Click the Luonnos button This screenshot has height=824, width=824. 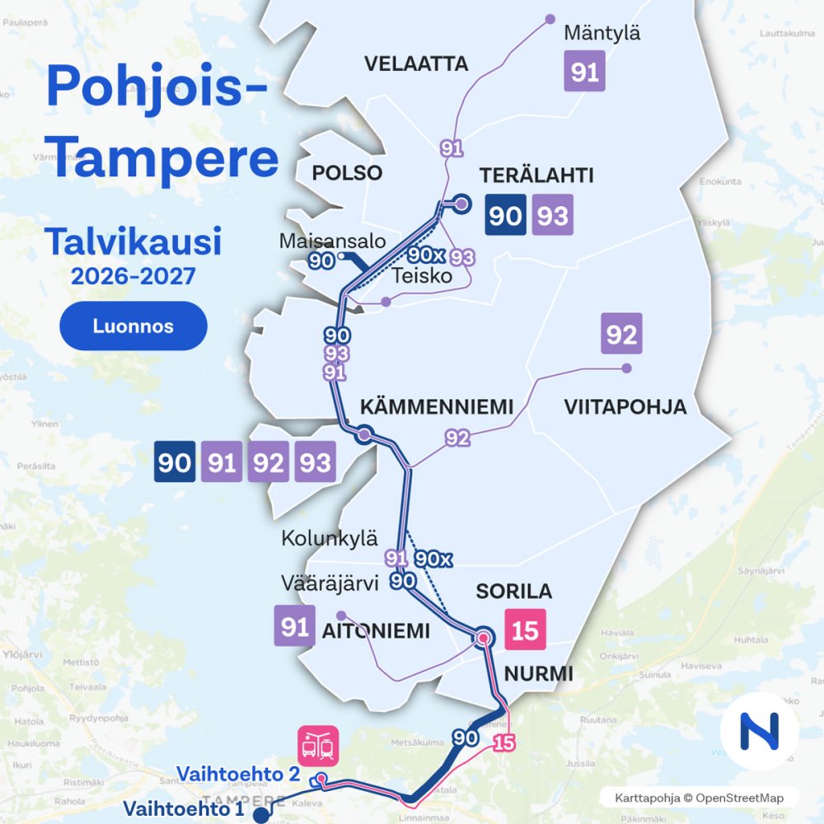(x=133, y=326)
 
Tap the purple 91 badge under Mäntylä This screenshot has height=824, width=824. (x=584, y=72)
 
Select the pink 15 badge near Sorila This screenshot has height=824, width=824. (x=525, y=631)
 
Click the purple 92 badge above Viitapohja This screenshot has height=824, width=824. (x=621, y=335)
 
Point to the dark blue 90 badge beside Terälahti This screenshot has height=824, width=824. (x=505, y=216)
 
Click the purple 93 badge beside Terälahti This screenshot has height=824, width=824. (x=553, y=216)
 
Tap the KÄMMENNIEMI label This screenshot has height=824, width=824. (x=437, y=407)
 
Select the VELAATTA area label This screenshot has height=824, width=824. (x=416, y=64)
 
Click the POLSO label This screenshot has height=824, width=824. (x=347, y=173)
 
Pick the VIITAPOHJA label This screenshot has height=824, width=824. (x=625, y=408)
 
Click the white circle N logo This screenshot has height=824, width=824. (x=759, y=732)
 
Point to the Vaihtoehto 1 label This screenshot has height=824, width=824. (x=185, y=808)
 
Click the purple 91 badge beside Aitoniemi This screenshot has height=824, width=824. (x=294, y=627)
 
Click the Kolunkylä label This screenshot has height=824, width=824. (x=329, y=540)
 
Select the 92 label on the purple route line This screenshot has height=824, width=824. (x=457, y=438)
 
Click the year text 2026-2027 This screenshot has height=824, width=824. (x=133, y=276)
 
